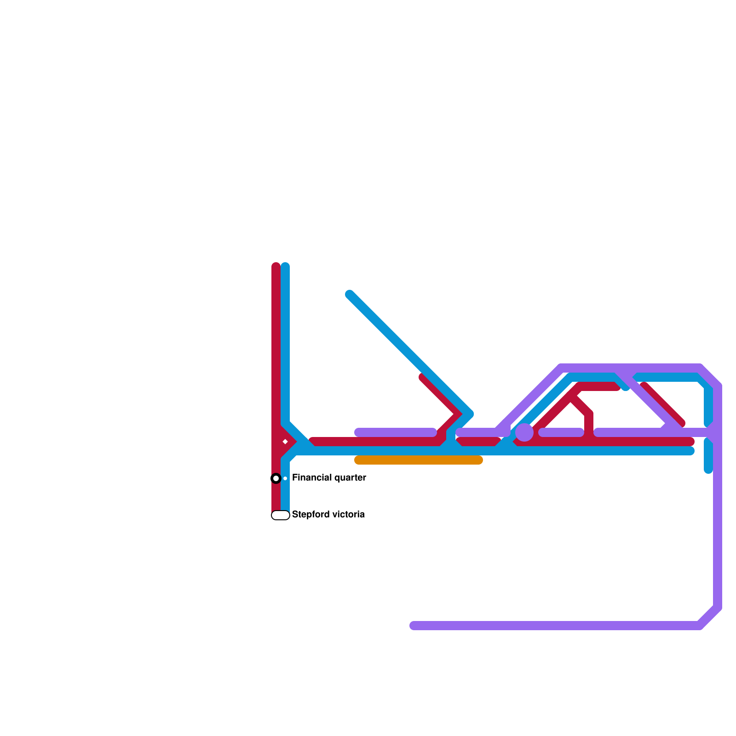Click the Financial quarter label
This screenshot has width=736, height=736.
pyautogui.click(x=329, y=478)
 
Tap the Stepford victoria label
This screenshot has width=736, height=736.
pyautogui.click(x=328, y=515)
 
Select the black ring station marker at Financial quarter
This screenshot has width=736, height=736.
pyautogui.click(x=276, y=478)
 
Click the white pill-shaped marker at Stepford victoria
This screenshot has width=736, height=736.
pyautogui.click(x=281, y=515)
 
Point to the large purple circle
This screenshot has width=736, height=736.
pyautogui.click(x=524, y=432)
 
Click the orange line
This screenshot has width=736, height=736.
pyautogui.click(x=419, y=460)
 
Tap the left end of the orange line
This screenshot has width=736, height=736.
pyautogui.click(x=358, y=460)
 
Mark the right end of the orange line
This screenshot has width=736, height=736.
pyautogui.click(x=479, y=460)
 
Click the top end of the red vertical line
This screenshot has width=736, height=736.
pyautogui.click(x=276, y=266)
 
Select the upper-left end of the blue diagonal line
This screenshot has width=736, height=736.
pyautogui.click(x=350, y=294)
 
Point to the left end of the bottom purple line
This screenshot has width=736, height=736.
pyautogui.click(x=413, y=626)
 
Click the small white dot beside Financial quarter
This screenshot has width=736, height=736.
pyautogui.click(x=285, y=478)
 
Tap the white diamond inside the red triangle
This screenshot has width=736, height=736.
pyautogui.click(x=285, y=442)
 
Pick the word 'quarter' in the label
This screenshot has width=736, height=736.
pyautogui.click(x=350, y=478)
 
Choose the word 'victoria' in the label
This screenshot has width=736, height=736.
pyautogui.click(x=348, y=515)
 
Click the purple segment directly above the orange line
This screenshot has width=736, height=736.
pyautogui.click(x=396, y=432)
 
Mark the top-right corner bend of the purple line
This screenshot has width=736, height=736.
pyautogui.click(x=710, y=376)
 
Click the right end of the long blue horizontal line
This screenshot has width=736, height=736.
pyautogui.click(x=691, y=451)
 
